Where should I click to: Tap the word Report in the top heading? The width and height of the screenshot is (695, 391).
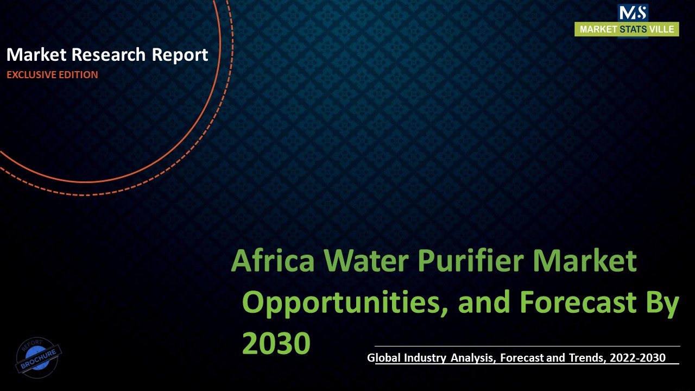[x=181, y=55]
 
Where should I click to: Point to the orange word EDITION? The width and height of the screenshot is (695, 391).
[x=78, y=75]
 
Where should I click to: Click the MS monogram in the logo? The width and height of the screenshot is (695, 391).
[x=633, y=13]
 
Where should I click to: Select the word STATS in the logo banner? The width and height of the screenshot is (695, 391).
[x=632, y=29]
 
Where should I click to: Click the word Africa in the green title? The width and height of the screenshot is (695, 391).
[x=273, y=261]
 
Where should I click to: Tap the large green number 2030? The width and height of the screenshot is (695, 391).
[x=276, y=343]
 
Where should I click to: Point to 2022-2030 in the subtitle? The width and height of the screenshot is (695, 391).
[x=636, y=357]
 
